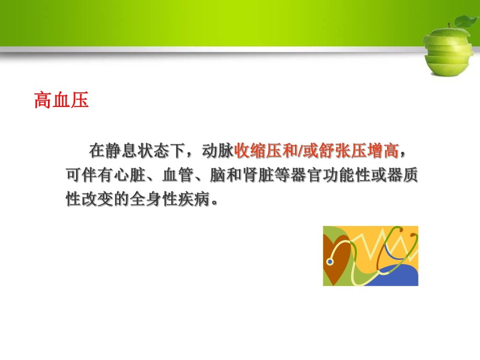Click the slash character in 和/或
click(304, 152)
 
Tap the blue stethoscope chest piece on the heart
click(330, 260)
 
